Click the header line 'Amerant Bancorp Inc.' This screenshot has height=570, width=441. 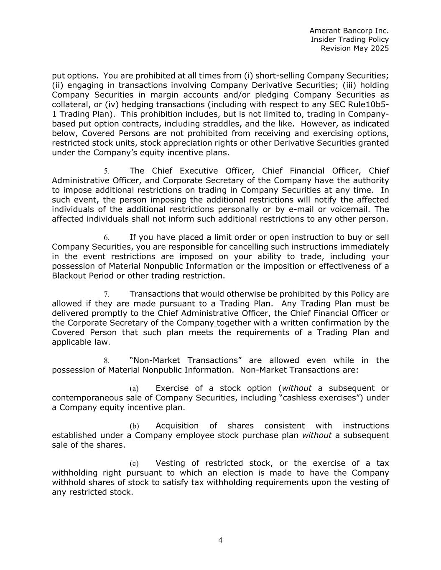tap(349, 30)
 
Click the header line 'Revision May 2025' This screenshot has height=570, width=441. tap(354, 48)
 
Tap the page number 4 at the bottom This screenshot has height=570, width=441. tap(220, 540)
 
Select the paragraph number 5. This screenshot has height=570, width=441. tap(107, 171)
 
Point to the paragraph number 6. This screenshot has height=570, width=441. tap(107, 238)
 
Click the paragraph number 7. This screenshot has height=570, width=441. tap(107, 294)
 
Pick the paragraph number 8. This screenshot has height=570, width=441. tap(107, 360)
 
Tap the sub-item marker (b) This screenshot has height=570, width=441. tap(134, 426)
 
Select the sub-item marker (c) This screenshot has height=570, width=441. tap(134, 464)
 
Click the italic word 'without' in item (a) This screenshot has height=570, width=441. tap(297, 388)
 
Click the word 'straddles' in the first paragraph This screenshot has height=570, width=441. tap(225, 124)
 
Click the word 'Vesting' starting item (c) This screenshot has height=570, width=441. tap(171, 463)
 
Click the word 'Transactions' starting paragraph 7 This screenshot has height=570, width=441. tap(155, 294)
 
